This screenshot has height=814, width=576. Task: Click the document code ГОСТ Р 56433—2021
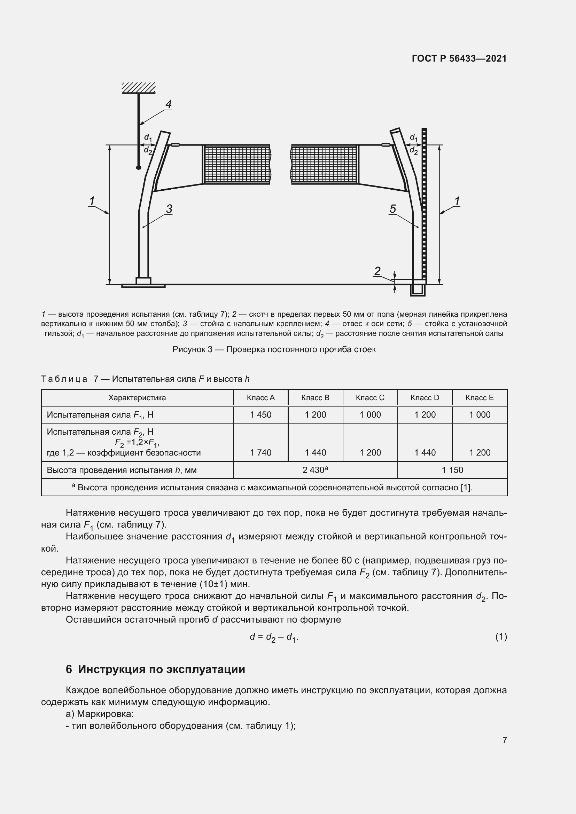point(459,58)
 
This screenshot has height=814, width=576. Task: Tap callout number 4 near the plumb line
point(169,104)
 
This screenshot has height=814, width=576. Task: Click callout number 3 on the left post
point(169,209)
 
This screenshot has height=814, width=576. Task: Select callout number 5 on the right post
point(392,209)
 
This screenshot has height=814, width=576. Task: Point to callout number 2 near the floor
point(377,271)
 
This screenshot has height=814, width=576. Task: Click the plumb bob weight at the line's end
point(139,167)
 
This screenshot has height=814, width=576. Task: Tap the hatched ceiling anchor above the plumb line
point(139,88)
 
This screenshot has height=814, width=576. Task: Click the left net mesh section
point(236,165)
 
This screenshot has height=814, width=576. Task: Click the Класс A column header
point(261,397)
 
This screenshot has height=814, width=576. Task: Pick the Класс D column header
point(425,397)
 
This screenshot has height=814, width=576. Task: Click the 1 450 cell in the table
point(261,414)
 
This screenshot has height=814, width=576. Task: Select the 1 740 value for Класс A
point(261,452)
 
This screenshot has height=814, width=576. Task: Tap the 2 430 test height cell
point(315,470)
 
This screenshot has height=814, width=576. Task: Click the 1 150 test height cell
point(452,470)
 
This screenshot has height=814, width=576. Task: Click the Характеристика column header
point(137,397)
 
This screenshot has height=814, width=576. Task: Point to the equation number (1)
point(501,637)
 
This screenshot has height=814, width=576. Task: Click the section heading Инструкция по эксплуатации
point(161,669)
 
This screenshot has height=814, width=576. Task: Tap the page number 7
point(504,740)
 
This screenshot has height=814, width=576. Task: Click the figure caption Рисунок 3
point(274,349)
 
